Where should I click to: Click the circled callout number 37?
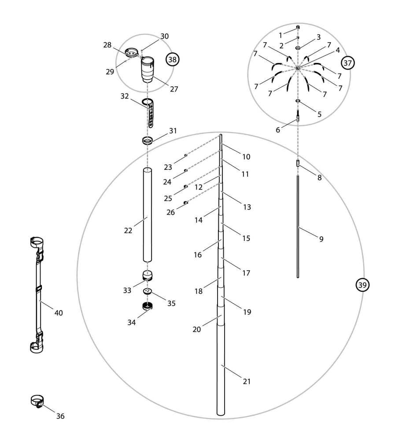[347, 63]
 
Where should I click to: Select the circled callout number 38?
[173, 59]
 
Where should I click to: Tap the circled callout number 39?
[362, 285]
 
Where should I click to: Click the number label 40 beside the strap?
[58, 313]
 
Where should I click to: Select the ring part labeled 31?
[148, 141]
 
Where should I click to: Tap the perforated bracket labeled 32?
[150, 113]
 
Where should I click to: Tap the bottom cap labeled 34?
[148, 306]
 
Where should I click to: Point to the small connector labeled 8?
[298, 164]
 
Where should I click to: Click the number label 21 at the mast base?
[247, 381]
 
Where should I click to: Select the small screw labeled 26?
[186, 202]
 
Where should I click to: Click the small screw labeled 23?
[186, 155]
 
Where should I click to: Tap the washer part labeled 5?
[298, 101]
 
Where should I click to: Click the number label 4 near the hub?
[337, 50]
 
